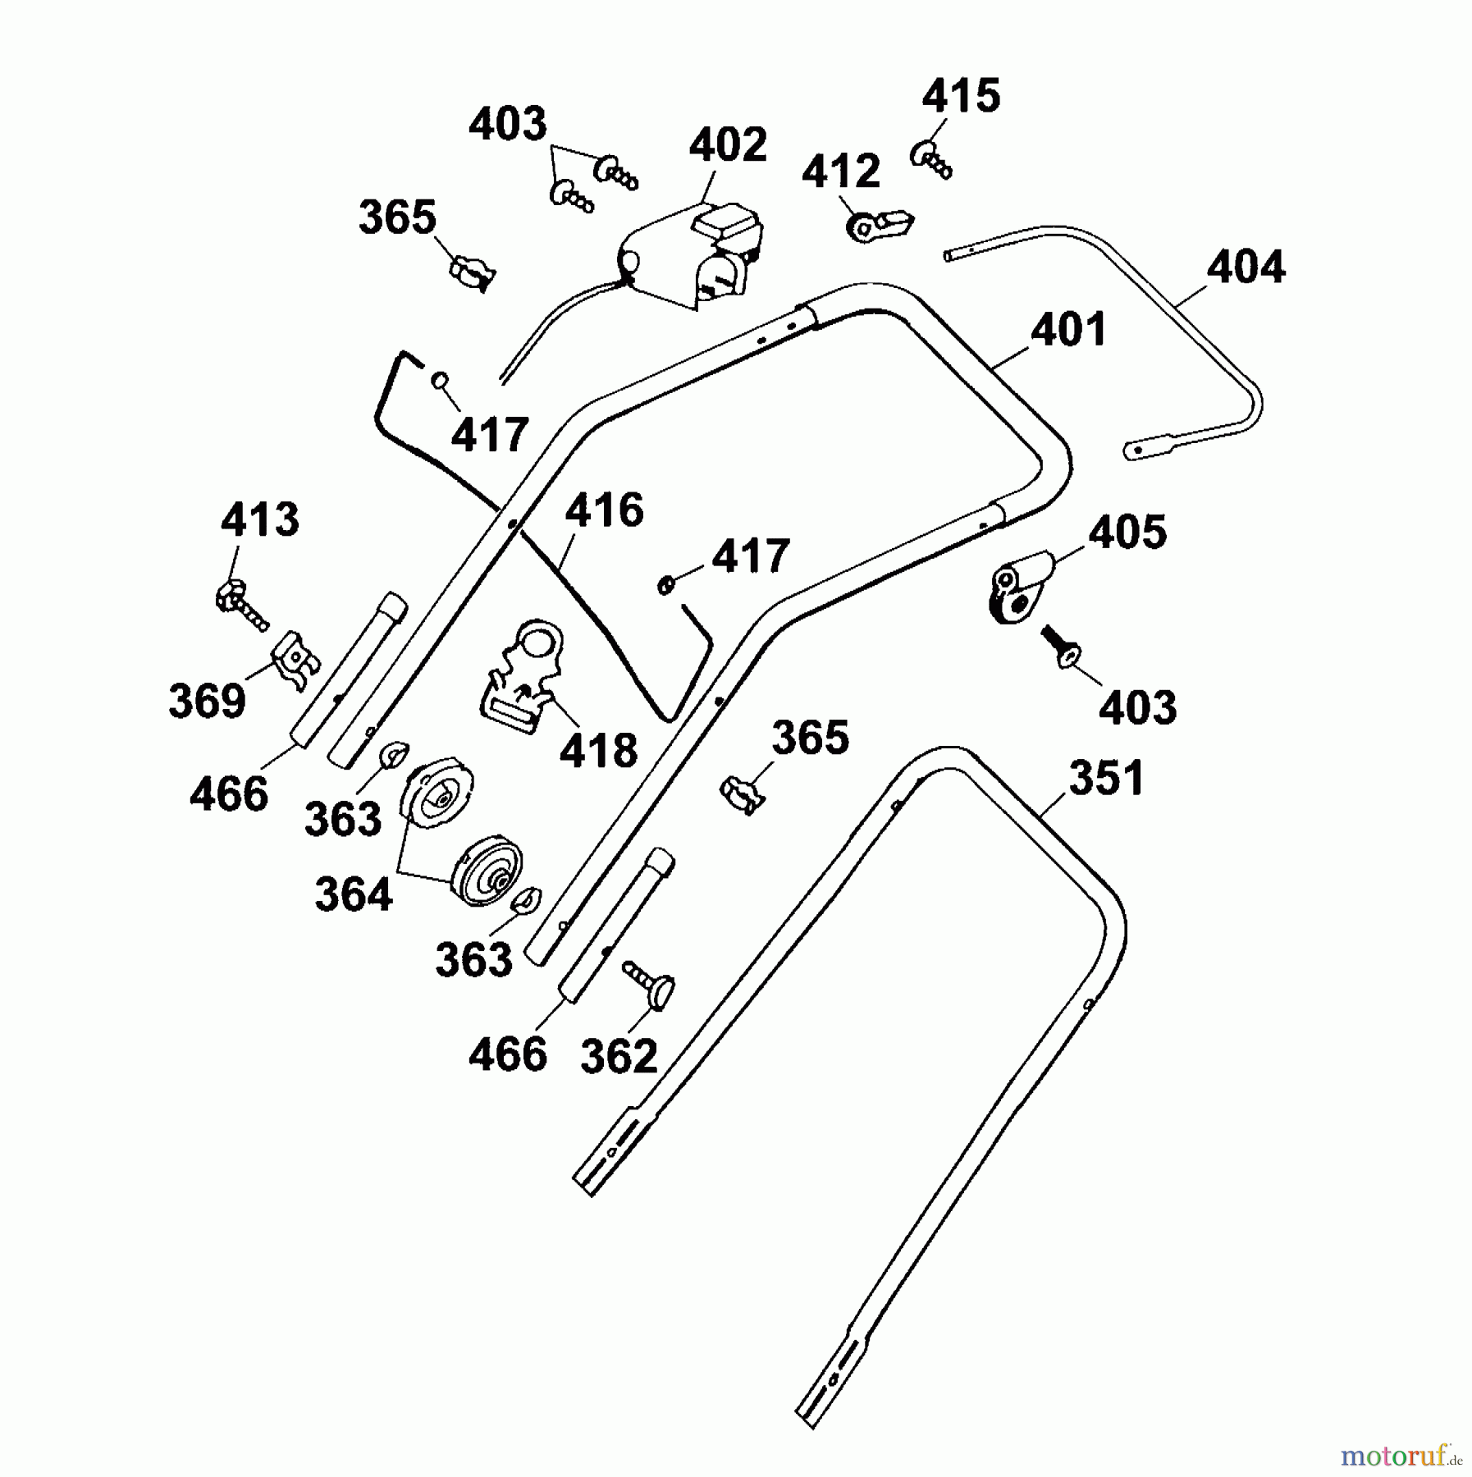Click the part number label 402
(727, 145)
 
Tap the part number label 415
(961, 97)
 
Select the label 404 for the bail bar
(1246, 268)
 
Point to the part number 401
(1068, 331)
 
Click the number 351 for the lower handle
(1106, 778)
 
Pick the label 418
(598, 751)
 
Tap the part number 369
(207, 702)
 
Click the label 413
(260, 520)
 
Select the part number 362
(619, 1056)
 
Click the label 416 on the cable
(605, 510)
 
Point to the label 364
(354, 894)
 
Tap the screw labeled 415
(930, 159)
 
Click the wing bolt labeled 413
(240, 606)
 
